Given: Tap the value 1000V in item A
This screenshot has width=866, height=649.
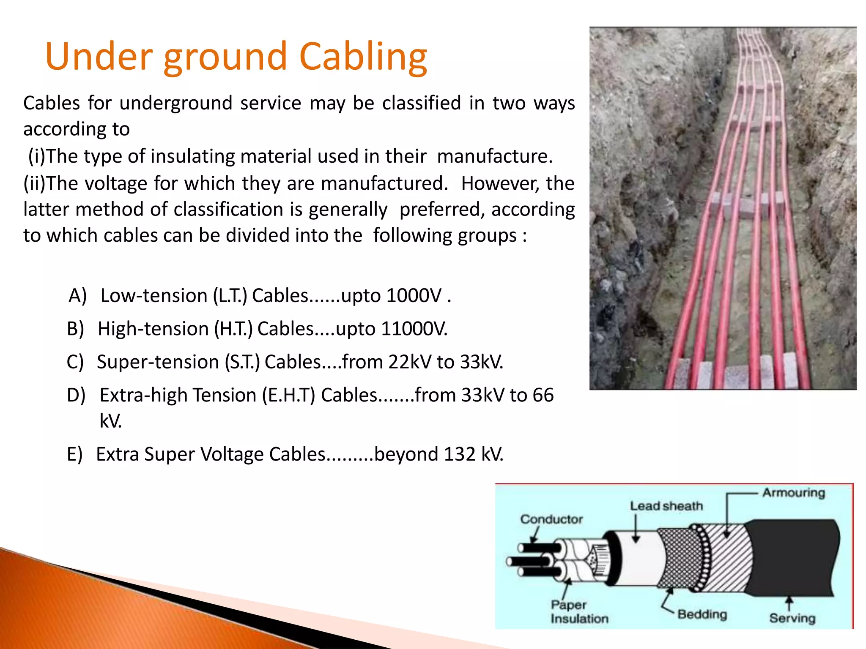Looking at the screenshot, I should point(414,295).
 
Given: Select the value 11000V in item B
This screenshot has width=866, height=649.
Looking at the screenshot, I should point(414,329).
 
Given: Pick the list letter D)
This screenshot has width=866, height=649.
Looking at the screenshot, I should point(76,395).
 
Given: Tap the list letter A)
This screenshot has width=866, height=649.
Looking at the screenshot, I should point(77,295).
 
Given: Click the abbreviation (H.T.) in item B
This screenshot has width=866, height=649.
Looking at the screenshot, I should point(233,329).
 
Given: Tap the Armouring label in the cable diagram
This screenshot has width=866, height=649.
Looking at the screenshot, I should point(794,493).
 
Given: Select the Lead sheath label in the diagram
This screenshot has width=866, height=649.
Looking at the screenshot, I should point(666,506).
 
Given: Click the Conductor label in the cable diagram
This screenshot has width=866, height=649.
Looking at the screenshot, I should point(551,519).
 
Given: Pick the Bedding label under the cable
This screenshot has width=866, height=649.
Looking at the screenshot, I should point(702,614).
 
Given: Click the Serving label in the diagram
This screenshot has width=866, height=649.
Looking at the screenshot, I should point(792,618).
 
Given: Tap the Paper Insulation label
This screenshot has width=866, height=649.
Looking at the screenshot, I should point(579,612).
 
